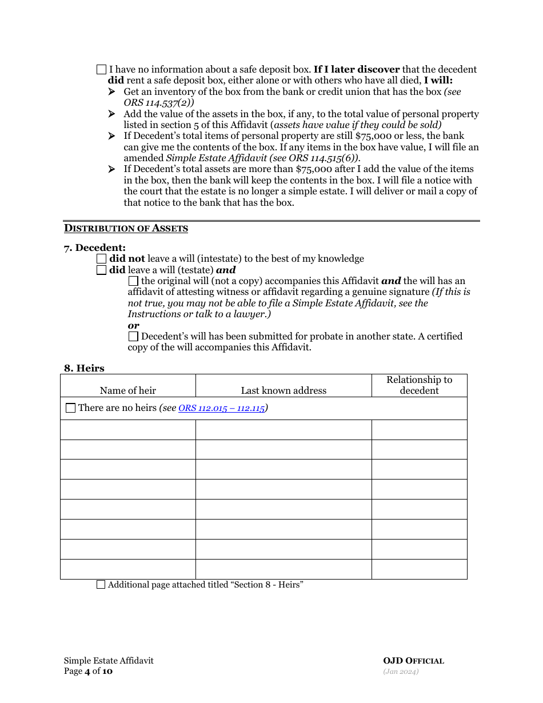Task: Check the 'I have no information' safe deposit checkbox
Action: [101, 70]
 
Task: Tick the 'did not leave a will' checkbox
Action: [101, 259]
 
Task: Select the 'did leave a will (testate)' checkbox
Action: [101, 270]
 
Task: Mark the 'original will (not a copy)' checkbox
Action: [133, 281]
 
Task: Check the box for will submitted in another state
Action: [133, 337]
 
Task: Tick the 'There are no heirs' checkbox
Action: [70, 408]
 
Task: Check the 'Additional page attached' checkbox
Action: [101, 585]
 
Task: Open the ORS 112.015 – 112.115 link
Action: [221, 408]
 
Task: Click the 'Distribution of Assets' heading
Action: [126, 229]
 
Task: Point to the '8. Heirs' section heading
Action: [84, 368]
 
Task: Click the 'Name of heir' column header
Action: [127, 390]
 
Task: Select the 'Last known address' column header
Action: [284, 390]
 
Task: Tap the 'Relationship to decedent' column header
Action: [419, 385]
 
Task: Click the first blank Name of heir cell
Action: [128, 430]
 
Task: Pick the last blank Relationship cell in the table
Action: [419, 569]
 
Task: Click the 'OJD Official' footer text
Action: [413, 661]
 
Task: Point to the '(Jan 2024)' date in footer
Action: [401, 672]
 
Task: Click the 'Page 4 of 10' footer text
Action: [88, 671]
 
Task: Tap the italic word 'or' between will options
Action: [133, 325]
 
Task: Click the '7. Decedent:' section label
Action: [94, 247]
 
